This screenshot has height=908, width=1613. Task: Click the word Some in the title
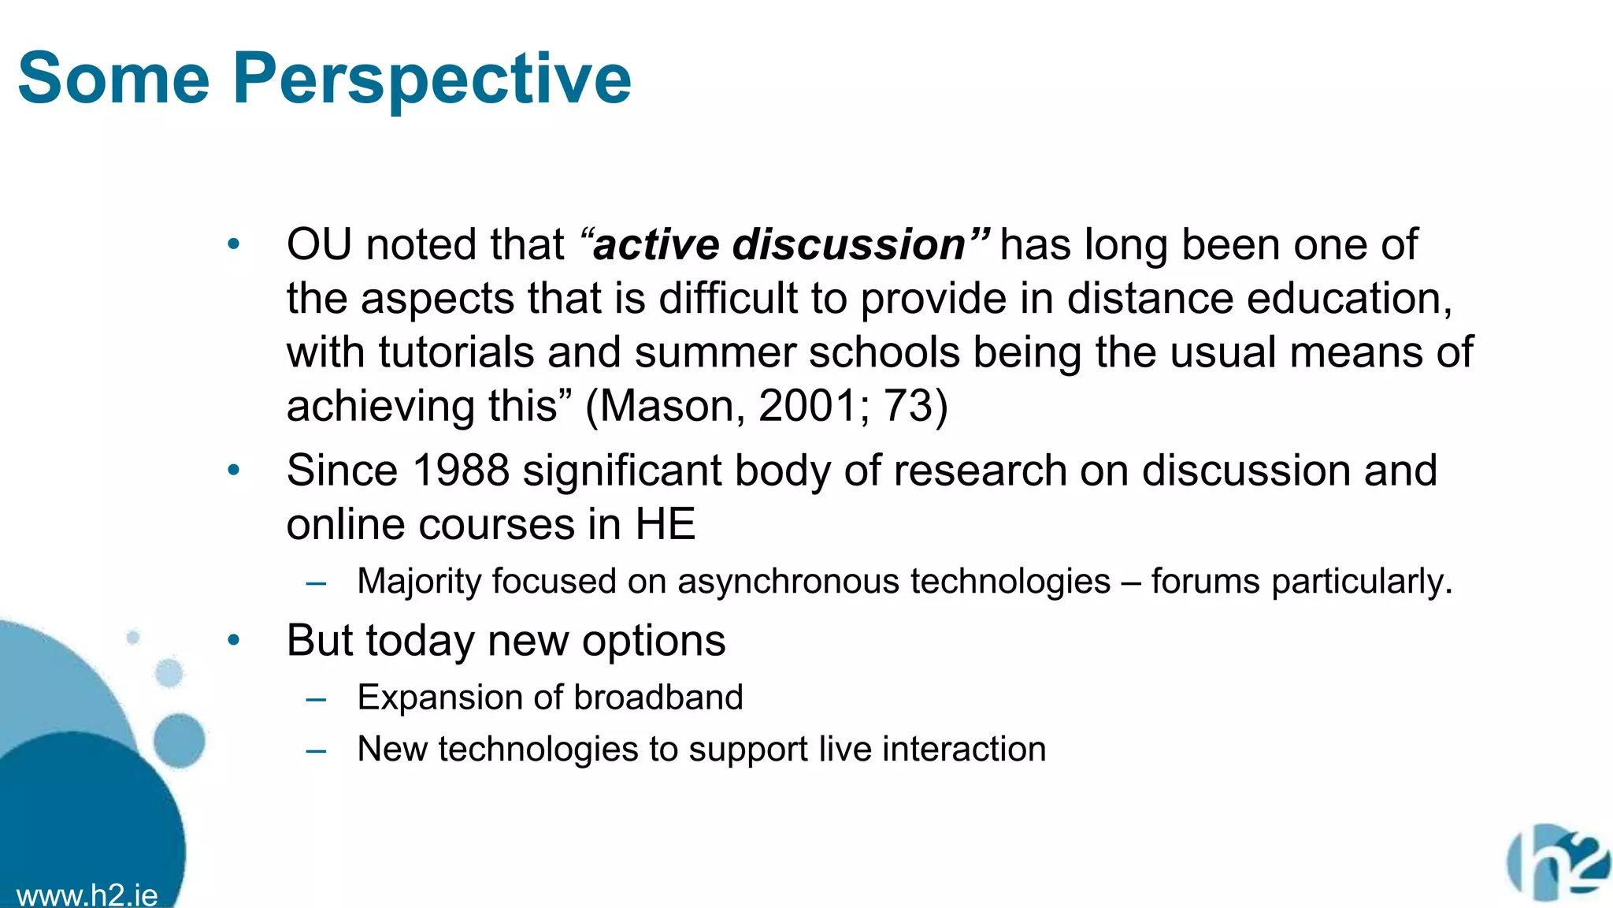click(114, 79)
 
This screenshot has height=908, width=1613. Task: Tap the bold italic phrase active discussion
click(780, 244)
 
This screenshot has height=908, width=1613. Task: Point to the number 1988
click(461, 471)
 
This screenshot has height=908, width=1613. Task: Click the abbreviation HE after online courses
click(666, 525)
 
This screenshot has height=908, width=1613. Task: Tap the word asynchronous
click(788, 582)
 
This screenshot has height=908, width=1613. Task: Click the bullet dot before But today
click(233, 640)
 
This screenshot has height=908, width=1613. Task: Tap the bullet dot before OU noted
click(233, 244)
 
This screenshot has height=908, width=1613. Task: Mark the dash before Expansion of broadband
click(317, 699)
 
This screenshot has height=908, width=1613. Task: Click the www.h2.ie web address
click(87, 895)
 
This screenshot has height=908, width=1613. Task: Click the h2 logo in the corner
click(1556, 863)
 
